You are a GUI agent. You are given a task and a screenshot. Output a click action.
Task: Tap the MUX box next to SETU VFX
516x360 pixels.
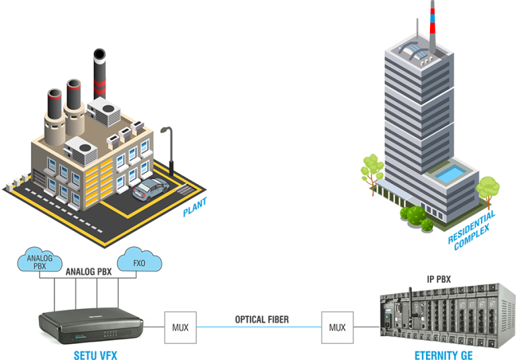[181, 328]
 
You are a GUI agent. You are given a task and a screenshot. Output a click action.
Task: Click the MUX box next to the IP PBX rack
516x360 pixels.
[337, 328]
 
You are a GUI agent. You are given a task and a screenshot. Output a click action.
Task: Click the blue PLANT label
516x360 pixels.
[195, 208]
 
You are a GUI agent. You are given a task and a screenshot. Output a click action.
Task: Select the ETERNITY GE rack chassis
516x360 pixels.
[440, 315]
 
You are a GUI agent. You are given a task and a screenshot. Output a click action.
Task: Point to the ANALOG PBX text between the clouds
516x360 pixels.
[88, 271]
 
